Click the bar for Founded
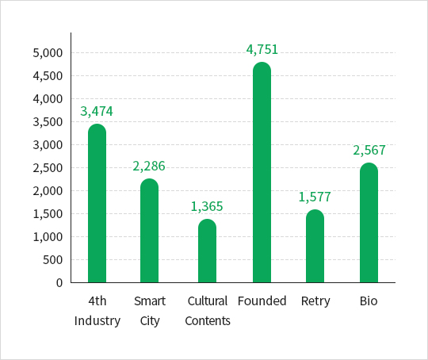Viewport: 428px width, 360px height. [262, 172]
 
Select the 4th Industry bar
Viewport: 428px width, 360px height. [97, 203]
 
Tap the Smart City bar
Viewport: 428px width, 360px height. [149, 230]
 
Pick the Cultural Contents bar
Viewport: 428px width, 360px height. [207, 251]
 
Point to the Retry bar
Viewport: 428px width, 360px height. [315, 246]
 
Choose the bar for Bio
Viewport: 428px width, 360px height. [369, 222]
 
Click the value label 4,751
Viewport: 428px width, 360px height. [262, 50]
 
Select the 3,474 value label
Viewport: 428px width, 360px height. [97, 112]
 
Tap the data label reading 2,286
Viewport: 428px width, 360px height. [149, 166]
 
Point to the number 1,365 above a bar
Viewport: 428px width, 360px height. [207, 206]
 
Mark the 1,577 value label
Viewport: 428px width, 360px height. [315, 197]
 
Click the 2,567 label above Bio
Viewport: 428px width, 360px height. [369, 150]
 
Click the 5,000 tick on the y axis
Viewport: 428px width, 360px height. [48, 52]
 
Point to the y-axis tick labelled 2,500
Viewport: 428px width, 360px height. [48, 168]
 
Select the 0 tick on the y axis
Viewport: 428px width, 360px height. [59, 283]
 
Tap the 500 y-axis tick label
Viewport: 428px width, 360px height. [52, 260]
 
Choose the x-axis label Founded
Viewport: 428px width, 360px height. [262, 301]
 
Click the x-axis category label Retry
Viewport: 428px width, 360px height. [315, 301]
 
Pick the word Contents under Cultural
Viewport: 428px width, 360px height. [208, 321]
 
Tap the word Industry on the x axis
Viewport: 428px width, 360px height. [97, 321]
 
